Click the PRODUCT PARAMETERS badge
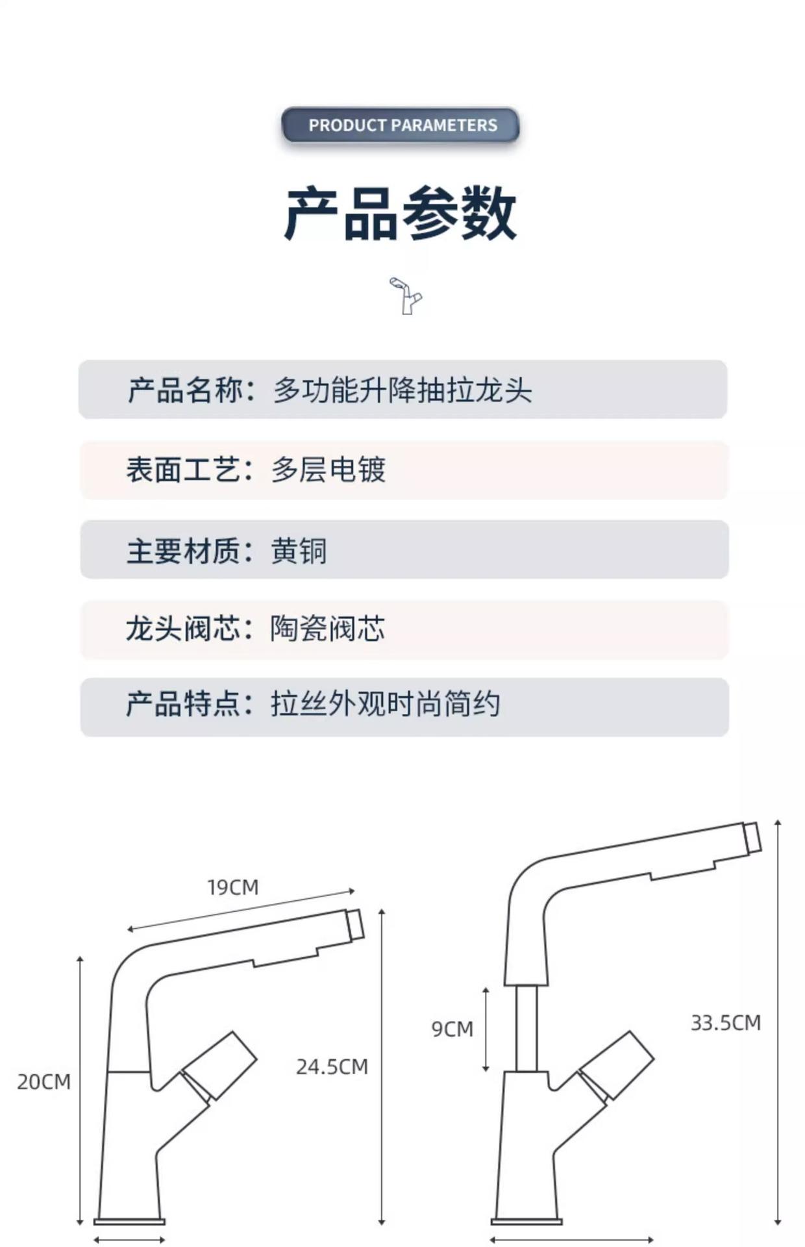pos(401,125)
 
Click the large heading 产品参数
pos(401,213)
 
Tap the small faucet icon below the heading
pos(405,296)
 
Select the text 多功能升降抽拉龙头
pos(402,390)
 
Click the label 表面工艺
pos(184,470)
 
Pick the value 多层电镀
pos(328,470)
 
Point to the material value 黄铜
pos(299,551)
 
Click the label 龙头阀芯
pos(184,629)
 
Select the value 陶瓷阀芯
pos(328,629)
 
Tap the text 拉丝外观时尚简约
pos(386,705)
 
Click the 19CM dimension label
pos(232,887)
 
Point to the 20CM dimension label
pos(43,1082)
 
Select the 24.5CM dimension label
pos(332,1066)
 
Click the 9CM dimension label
pos(452,1029)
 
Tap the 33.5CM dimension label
pos(725,1023)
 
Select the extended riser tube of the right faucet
pos(526,1028)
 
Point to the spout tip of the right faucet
pos(752,838)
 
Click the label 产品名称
pos(184,390)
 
